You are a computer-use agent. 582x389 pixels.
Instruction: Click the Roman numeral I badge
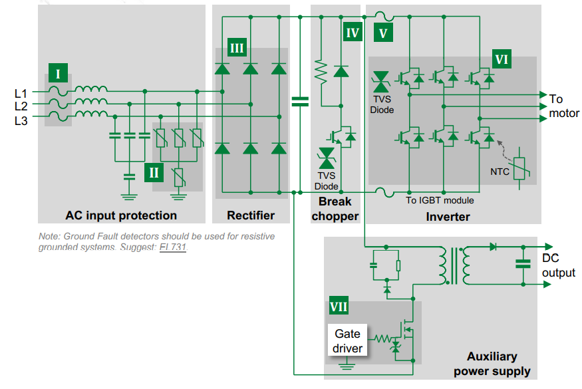pyautogui.click(x=58, y=72)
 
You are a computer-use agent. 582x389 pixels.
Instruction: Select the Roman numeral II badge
pyautogui.click(x=154, y=173)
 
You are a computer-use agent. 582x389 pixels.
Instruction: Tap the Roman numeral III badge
pyautogui.click(x=237, y=47)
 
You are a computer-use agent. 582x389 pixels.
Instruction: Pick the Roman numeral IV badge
pyautogui.click(x=353, y=32)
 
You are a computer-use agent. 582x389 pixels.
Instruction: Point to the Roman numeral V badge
pyautogui.click(x=383, y=33)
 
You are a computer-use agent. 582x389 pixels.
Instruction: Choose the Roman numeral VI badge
pyautogui.click(x=502, y=59)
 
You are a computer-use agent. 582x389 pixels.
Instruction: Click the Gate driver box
pyautogui.click(x=347, y=340)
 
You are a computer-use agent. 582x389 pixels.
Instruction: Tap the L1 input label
pyautogui.click(x=21, y=93)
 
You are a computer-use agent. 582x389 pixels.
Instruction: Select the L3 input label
pyautogui.click(x=21, y=120)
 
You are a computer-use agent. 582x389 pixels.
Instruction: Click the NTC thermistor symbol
pyautogui.click(x=519, y=168)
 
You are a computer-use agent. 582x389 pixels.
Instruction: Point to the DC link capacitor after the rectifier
pyautogui.click(x=300, y=101)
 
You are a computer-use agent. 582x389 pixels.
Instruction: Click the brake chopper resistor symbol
pyautogui.click(x=321, y=72)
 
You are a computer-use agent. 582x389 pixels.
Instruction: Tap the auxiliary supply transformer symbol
pyautogui.click(x=454, y=266)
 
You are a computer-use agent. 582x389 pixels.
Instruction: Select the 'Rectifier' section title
pyautogui.click(x=251, y=215)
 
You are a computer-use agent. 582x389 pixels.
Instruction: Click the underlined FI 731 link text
pyautogui.click(x=172, y=247)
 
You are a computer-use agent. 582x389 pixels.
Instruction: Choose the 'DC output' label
pyautogui.click(x=558, y=265)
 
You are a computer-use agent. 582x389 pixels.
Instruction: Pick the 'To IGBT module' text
pyautogui.click(x=440, y=200)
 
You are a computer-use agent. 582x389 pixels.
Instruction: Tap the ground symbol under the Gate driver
pyautogui.click(x=347, y=364)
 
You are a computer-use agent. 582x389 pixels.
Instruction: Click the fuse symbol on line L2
pyautogui.click(x=59, y=104)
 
